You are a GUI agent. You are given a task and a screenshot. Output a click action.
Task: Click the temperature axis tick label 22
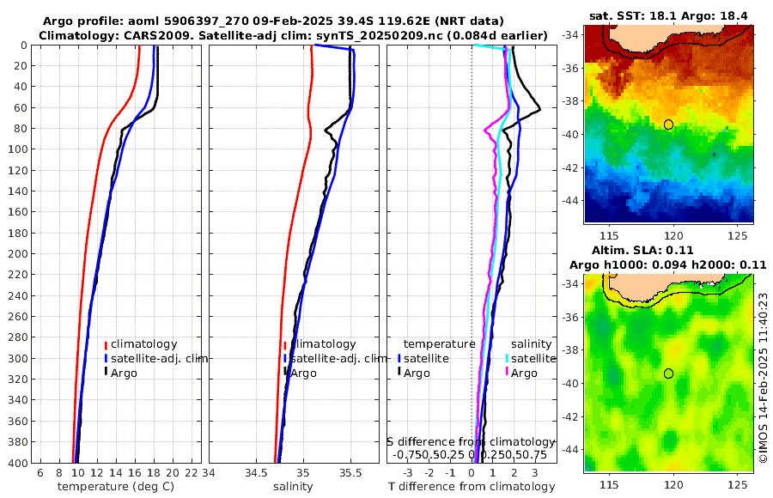click(192, 473)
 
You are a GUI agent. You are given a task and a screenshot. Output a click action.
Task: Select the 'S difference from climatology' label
click(472, 441)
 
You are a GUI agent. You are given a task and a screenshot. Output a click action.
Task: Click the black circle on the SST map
click(668, 125)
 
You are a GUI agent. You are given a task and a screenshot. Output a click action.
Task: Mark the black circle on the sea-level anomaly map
click(668, 373)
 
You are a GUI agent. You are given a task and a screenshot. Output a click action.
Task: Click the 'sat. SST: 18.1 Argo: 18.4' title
click(668, 15)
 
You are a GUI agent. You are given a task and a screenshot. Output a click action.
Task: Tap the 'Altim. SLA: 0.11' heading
click(667, 250)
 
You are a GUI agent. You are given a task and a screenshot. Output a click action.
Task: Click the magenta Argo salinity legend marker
click(508, 373)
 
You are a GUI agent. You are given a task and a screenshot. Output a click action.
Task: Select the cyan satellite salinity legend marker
click(508, 358)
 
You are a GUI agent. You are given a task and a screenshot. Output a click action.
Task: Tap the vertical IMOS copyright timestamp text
click(763, 379)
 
